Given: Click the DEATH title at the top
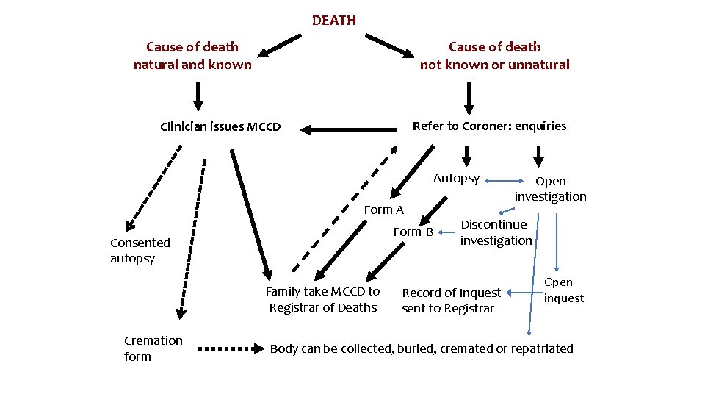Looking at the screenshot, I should tap(333, 21).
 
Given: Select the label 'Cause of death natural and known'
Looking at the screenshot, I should tap(192, 56).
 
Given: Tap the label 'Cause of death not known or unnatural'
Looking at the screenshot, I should tap(494, 56).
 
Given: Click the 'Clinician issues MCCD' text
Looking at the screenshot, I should tap(220, 126).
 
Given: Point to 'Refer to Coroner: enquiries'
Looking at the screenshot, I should tap(489, 126).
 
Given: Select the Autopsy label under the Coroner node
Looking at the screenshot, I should tap(456, 178).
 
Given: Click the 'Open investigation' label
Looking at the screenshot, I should tap(550, 188).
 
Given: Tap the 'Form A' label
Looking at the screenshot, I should tap(384, 210).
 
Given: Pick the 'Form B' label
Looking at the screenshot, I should tap(413, 232).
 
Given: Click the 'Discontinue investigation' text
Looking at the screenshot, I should tap(496, 232).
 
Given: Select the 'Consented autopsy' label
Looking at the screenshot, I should tap(140, 250).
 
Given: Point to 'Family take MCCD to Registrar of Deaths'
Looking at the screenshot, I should tap(322, 299).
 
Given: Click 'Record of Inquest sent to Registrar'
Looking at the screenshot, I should tap(451, 300).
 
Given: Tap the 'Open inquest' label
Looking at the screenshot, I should tap(563, 290).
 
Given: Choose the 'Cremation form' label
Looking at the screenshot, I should tap(153, 348).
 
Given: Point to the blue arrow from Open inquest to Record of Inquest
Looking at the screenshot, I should tap(523, 292).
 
